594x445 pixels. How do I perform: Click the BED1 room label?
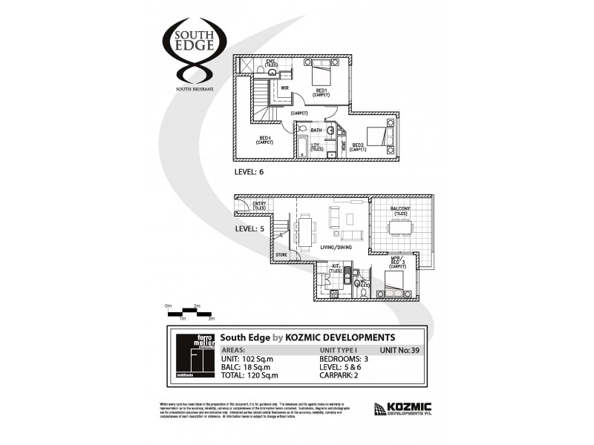[321, 92]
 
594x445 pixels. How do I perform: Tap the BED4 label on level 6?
[264, 139]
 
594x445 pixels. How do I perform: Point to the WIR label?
[284, 88]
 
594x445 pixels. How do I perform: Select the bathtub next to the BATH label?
[302, 146]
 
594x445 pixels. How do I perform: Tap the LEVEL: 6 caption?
[249, 171]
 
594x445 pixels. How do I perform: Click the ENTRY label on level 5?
[259, 205]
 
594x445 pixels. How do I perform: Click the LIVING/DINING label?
[336, 247]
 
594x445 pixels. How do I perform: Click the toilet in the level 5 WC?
[362, 293]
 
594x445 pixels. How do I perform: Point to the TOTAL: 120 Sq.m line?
[250, 375]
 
